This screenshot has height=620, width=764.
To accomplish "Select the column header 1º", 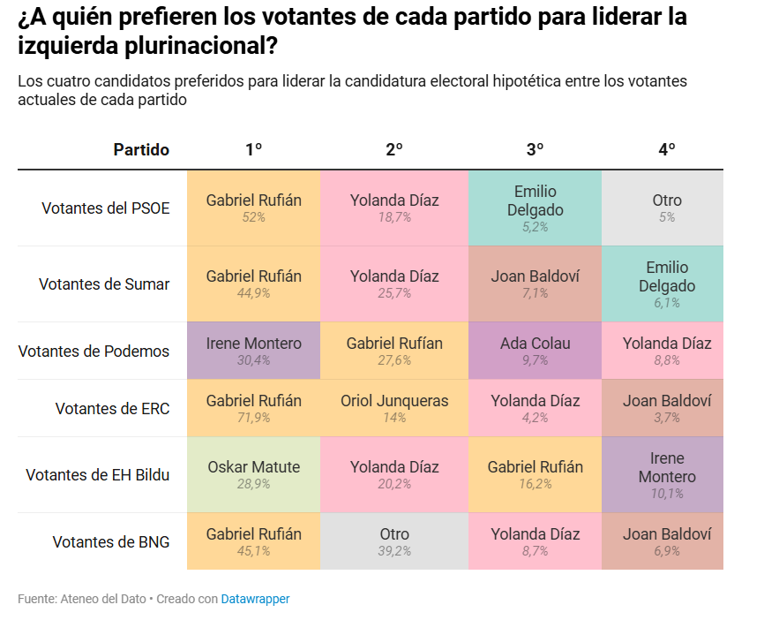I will pyautogui.click(x=253, y=150).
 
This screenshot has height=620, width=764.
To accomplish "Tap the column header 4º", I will pyautogui.click(x=667, y=150).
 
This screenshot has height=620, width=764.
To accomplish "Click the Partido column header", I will pyautogui.click(x=141, y=150).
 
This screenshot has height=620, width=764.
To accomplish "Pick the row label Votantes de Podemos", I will pyautogui.click(x=94, y=352).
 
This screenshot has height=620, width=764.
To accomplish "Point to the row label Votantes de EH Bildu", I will pyautogui.click(x=97, y=475).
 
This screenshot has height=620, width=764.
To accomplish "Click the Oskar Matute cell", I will pyautogui.click(x=253, y=475).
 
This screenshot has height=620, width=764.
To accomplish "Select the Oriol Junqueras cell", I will pyautogui.click(x=394, y=408).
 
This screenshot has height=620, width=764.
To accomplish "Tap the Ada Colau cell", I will pyautogui.click(x=535, y=352).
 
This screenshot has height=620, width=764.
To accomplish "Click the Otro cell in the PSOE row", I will pyautogui.click(x=667, y=208).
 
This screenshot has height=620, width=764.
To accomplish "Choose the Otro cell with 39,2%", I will pyautogui.click(x=394, y=541).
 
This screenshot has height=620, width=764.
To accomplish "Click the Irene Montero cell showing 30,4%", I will pyautogui.click(x=253, y=352).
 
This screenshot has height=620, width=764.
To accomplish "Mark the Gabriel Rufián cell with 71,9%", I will pyautogui.click(x=253, y=408).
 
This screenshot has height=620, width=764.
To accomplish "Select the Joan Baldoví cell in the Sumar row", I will pyautogui.click(x=535, y=284).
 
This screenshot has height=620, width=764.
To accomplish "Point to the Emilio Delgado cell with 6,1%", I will pyautogui.click(x=667, y=284).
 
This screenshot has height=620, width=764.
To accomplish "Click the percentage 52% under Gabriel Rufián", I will pyautogui.click(x=253, y=217).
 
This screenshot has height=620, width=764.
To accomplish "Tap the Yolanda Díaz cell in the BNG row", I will pyautogui.click(x=535, y=541).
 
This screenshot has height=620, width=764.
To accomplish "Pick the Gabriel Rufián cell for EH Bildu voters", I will pyautogui.click(x=535, y=475).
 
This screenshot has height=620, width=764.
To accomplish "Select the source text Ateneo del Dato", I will pyautogui.click(x=104, y=599).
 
